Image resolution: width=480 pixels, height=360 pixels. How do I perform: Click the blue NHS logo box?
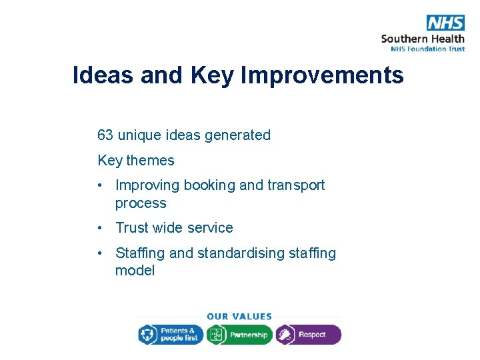click(x=445, y=23)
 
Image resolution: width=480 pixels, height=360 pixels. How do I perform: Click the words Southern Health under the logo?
click(x=423, y=38)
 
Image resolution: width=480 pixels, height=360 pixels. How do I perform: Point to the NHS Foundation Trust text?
click(x=423, y=48)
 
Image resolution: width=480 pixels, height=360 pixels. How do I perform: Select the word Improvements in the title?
click(x=322, y=75)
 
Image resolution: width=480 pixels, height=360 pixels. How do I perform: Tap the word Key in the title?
click(x=212, y=75)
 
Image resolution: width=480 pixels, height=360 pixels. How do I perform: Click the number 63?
click(x=105, y=135)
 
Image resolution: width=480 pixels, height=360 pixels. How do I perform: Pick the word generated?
click(x=237, y=135)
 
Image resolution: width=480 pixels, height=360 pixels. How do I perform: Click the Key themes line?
click(x=135, y=161)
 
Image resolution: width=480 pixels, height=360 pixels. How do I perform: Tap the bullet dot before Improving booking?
click(x=99, y=185)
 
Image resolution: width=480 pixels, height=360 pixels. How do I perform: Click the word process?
click(x=141, y=203)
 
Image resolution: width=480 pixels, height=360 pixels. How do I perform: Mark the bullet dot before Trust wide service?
click(x=99, y=228)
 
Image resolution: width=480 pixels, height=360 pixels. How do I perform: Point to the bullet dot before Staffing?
click(x=99, y=253)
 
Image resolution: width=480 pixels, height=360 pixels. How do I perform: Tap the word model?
click(x=135, y=271)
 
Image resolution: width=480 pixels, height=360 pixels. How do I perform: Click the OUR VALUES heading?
click(x=239, y=317)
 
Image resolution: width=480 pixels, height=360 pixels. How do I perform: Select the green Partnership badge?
click(x=239, y=335)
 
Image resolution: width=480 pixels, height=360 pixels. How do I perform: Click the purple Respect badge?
click(x=308, y=335)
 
